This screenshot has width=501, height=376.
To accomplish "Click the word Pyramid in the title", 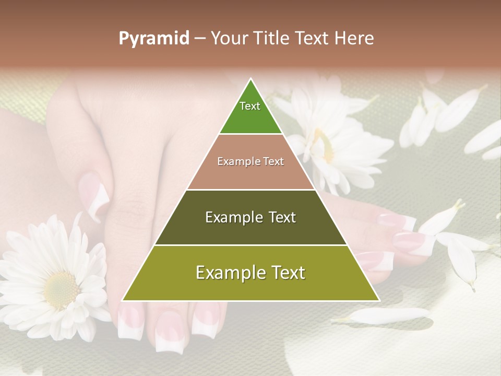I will click(154, 39).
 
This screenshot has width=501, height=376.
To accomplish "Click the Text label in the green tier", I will click(250, 106).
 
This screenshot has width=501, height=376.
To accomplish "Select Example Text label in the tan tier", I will click(250, 161).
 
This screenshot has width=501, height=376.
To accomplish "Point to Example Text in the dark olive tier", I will click(250, 217).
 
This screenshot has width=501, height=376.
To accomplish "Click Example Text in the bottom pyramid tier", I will click(250, 273).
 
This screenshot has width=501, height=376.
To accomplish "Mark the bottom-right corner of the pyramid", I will click(379, 300).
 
